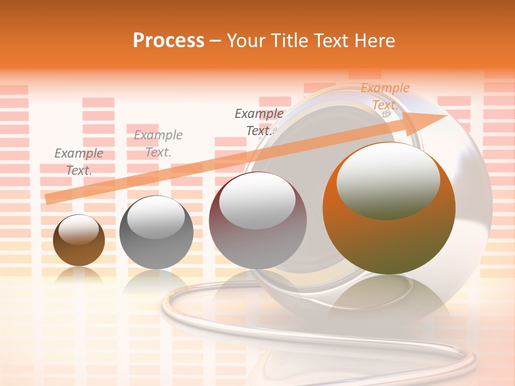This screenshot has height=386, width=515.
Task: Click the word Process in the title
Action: pyautogui.click(x=168, y=41)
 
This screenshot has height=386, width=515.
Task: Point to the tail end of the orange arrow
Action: pyautogui.click(x=49, y=198)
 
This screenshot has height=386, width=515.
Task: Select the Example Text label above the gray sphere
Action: pyautogui.click(x=158, y=144)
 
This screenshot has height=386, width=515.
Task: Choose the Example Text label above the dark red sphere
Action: pyautogui.click(x=259, y=122)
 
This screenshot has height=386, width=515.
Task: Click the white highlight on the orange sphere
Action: pyautogui.click(x=388, y=180)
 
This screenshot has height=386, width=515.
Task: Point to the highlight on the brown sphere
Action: pyautogui.click(x=79, y=229)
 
